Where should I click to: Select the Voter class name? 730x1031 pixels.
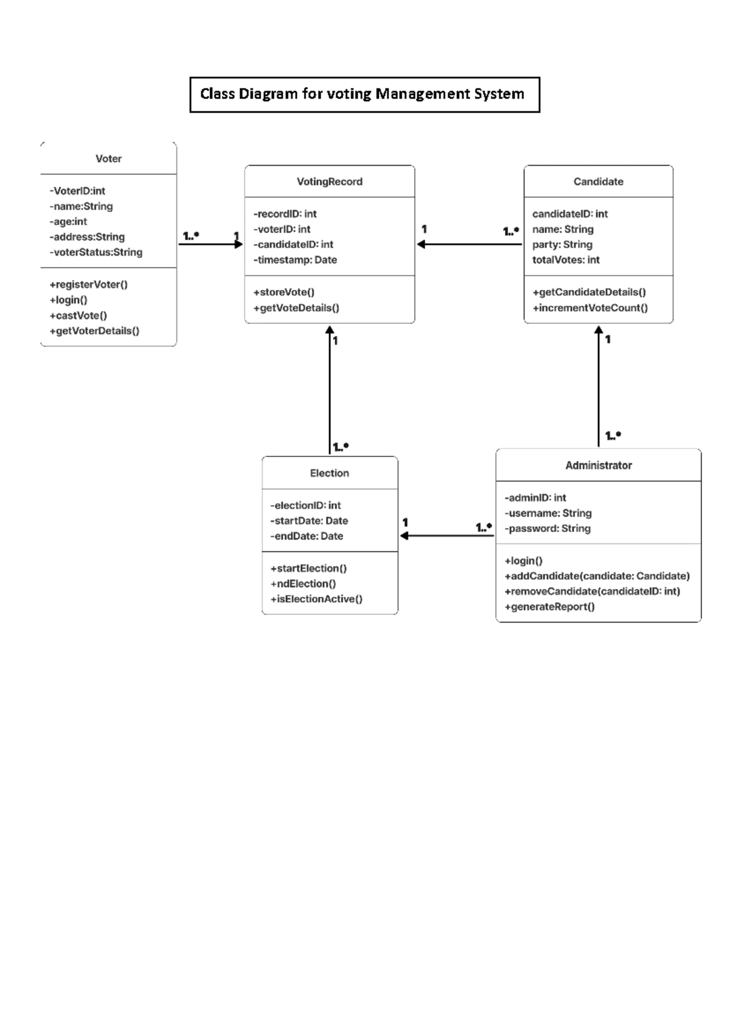click(108, 159)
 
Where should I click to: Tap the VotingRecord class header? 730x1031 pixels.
click(329, 181)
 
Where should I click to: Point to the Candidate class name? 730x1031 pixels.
click(598, 181)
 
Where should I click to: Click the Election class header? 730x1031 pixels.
click(329, 473)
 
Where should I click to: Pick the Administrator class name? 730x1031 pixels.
click(598, 466)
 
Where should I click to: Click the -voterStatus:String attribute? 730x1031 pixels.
click(96, 252)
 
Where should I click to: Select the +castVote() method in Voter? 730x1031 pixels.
click(78, 315)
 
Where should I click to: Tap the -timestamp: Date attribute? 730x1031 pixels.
click(295, 260)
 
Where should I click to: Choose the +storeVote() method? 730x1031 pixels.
click(284, 292)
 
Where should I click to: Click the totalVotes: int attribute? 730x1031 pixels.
click(566, 260)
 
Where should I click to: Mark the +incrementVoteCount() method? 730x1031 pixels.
click(590, 308)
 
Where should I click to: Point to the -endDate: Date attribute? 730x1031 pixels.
click(307, 536)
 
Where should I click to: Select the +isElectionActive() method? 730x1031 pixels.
click(316, 599)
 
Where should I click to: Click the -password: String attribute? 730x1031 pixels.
click(547, 528)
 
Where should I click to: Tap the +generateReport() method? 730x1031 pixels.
click(549, 607)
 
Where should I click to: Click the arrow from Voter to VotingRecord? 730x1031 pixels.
click(210, 245)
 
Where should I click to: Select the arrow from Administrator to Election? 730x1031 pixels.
click(447, 536)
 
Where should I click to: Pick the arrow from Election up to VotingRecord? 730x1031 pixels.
click(330, 390)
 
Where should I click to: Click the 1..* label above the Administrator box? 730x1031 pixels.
click(613, 436)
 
